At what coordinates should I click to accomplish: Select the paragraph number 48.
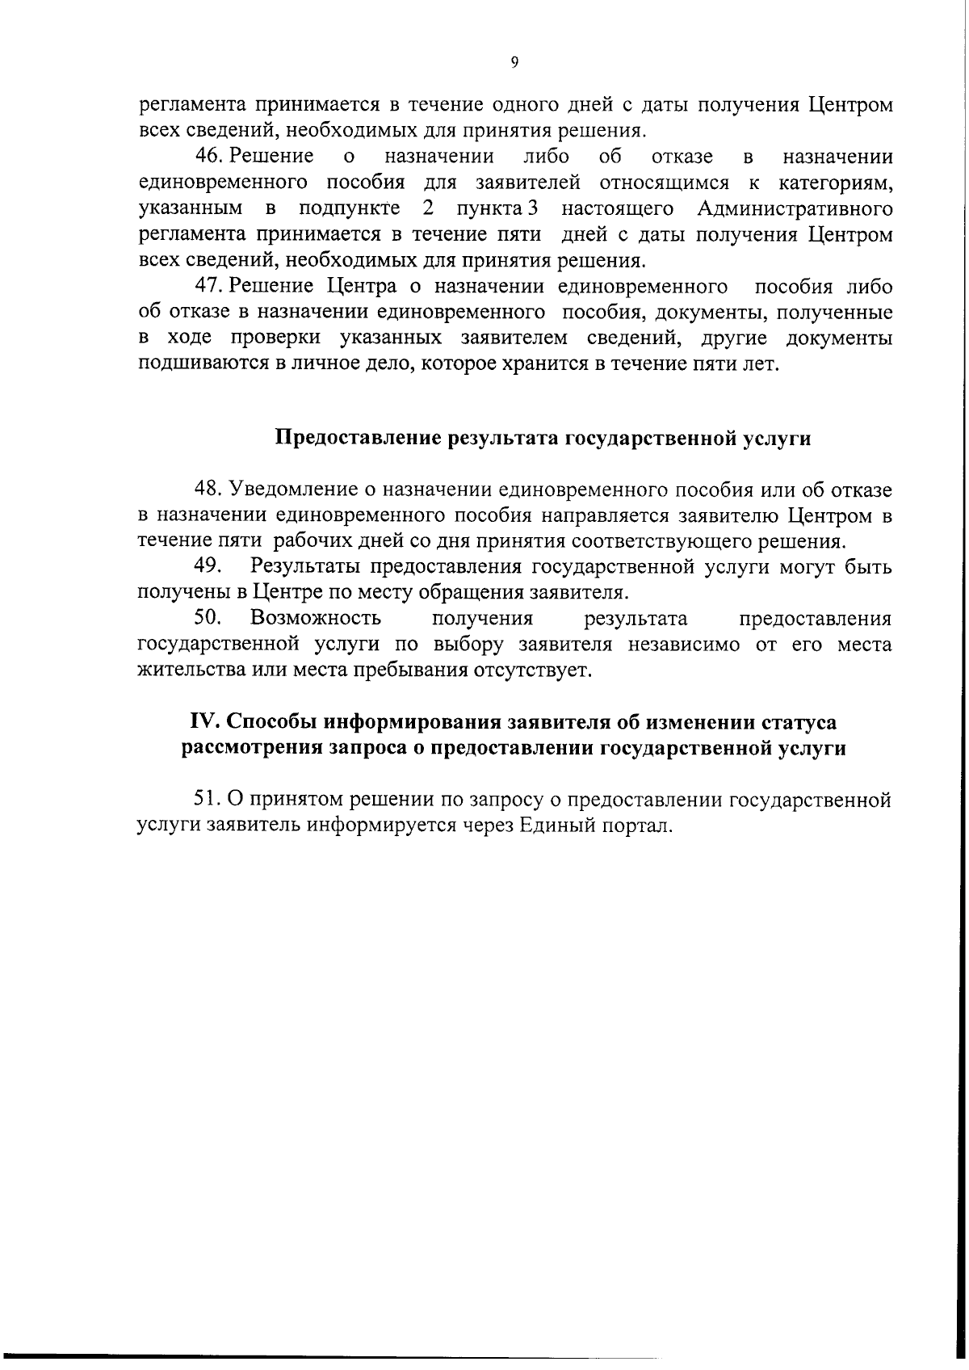pos(208,489)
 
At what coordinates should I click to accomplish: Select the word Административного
pos(795,208)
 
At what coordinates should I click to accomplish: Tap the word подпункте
pos(349,208)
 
